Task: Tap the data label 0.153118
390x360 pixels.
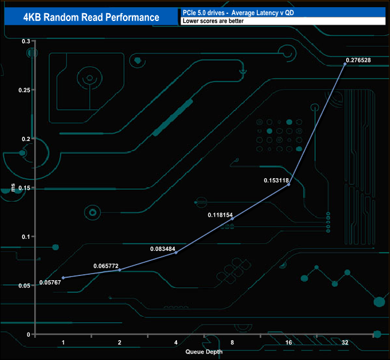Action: [277, 179]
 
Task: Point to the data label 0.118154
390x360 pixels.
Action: [221, 214]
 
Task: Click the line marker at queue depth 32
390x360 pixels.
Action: [345, 64]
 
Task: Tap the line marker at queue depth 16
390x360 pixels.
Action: [289, 184]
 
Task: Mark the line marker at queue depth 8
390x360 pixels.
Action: [232, 218]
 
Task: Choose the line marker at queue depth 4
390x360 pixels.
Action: [176, 253]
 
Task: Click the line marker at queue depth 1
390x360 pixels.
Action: [63, 278]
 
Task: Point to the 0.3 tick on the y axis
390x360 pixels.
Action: [26, 41]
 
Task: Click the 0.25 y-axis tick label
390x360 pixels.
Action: [24, 90]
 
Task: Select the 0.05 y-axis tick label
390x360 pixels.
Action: [24, 286]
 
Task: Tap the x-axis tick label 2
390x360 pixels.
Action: [119, 342]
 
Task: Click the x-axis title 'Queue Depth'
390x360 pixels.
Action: [203, 352]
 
